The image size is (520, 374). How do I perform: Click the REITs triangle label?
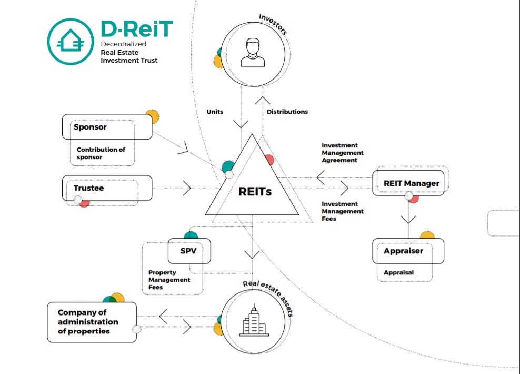(x=255, y=191)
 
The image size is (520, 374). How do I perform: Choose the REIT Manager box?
(x=411, y=183)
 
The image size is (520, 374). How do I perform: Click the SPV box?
(x=189, y=251)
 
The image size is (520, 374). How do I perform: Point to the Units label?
(x=215, y=112)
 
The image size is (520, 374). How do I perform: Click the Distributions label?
(x=287, y=112)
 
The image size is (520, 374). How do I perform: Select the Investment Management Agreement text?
(x=343, y=153)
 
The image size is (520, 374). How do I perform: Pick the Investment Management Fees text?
(x=343, y=211)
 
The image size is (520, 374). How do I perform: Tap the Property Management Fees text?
(x=169, y=280)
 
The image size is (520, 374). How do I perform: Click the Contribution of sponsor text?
(x=101, y=153)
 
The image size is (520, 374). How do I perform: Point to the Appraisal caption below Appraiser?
(x=398, y=272)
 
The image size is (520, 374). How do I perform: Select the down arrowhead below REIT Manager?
(x=408, y=220)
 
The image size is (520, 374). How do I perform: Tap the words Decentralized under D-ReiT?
(x=124, y=44)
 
